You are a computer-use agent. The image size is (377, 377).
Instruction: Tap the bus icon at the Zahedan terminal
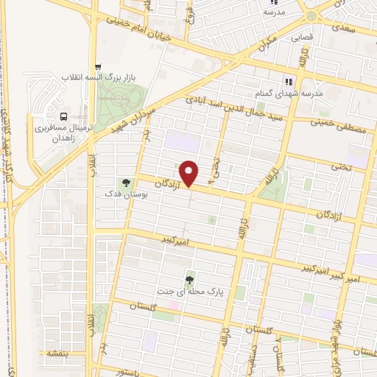(63, 116)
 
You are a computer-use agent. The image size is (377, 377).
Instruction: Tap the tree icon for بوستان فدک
(125, 182)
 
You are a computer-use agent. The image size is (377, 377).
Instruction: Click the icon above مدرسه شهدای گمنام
(289, 82)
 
